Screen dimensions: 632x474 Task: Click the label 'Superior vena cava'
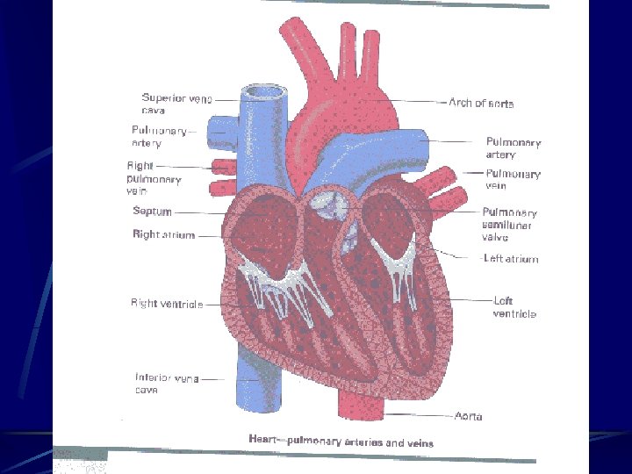[x=176, y=104]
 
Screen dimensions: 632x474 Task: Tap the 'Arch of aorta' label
[x=481, y=104]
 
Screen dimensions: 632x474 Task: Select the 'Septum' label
[x=152, y=212]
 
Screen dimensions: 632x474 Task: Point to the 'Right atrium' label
[x=163, y=235]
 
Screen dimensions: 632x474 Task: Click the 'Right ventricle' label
[x=167, y=304]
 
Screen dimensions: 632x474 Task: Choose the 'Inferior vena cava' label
[x=166, y=384]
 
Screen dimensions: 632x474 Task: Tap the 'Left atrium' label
[x=511, y=259]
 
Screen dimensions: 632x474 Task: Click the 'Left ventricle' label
[x=514, y=306]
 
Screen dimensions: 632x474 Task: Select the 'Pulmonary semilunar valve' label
[x=509, y=224]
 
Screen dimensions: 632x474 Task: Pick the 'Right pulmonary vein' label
[x=154, y=177]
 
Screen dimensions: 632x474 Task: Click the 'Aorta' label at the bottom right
[x=468, y=415]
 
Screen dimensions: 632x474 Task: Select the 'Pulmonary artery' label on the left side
[x=158, y=137]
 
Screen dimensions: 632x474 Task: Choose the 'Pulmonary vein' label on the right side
[x=513, y=179]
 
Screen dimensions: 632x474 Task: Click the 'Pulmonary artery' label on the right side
[x=513, y=147]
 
